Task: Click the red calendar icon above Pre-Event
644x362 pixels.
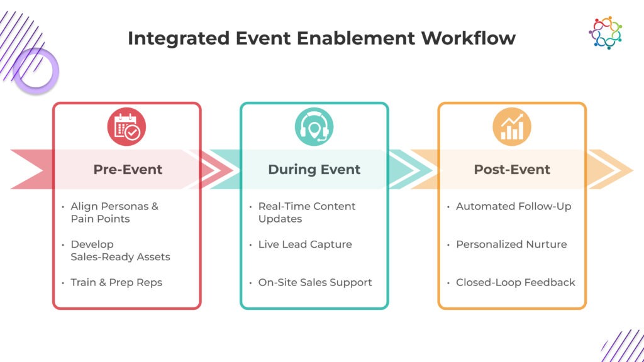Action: point(126,127)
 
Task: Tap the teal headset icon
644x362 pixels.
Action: point(314,127)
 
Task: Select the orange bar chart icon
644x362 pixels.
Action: point(512,127)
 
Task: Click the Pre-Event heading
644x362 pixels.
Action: point(128,170)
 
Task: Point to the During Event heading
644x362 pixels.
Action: point(314,170)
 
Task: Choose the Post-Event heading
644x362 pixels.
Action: point(512,170)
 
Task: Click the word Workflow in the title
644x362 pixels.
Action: point(468,38)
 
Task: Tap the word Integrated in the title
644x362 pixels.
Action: point(179,39)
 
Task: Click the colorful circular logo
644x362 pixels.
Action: point(606,33)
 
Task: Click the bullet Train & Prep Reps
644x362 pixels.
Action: point(116,282)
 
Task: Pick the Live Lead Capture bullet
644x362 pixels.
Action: point(305,244)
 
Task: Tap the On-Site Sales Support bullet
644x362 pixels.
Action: point(315,282)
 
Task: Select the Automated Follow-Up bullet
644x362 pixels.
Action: point(513,206)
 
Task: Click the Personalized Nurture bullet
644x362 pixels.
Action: point(511,244)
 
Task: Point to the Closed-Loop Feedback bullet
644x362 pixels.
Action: point(516,282)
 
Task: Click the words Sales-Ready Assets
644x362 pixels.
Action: point(120,257)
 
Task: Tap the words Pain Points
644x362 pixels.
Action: point(100,219)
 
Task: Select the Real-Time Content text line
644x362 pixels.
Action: point(307,206)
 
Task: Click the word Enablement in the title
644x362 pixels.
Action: point(356,38)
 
